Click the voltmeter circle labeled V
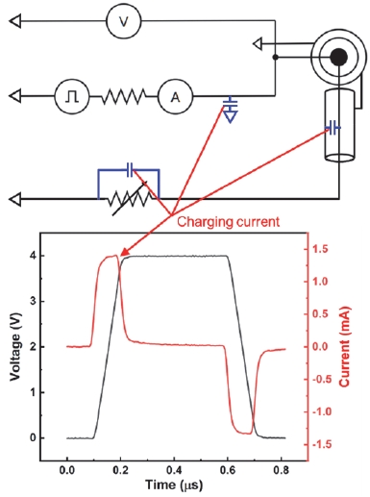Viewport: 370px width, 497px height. coord(123,21)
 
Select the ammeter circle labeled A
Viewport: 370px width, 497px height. coord(175,96)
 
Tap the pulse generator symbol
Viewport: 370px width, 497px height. coord(72,96)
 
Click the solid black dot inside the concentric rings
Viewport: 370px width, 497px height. coord(338,58)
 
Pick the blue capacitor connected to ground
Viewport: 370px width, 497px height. coord(231,110)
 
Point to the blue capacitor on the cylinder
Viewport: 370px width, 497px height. coord(333,128)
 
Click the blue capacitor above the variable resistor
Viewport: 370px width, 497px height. coord(130,169)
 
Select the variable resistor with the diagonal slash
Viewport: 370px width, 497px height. coord(130,199)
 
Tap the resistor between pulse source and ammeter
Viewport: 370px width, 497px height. coord(124,96)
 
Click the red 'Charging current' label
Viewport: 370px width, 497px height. coord(228,221)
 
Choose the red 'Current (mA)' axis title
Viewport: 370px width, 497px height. coord(344,347)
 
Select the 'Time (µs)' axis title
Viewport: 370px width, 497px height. coord(174,485)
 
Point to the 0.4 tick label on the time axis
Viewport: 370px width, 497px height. coord(174,470)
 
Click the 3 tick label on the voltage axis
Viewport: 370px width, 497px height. coord(33,301)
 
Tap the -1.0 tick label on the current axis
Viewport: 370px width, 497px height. coord(322,411)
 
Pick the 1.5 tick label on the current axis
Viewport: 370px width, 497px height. coord(323,249)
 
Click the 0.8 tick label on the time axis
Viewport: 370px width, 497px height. coord(281,470)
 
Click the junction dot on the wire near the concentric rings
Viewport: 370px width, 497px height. coord(275,58)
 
